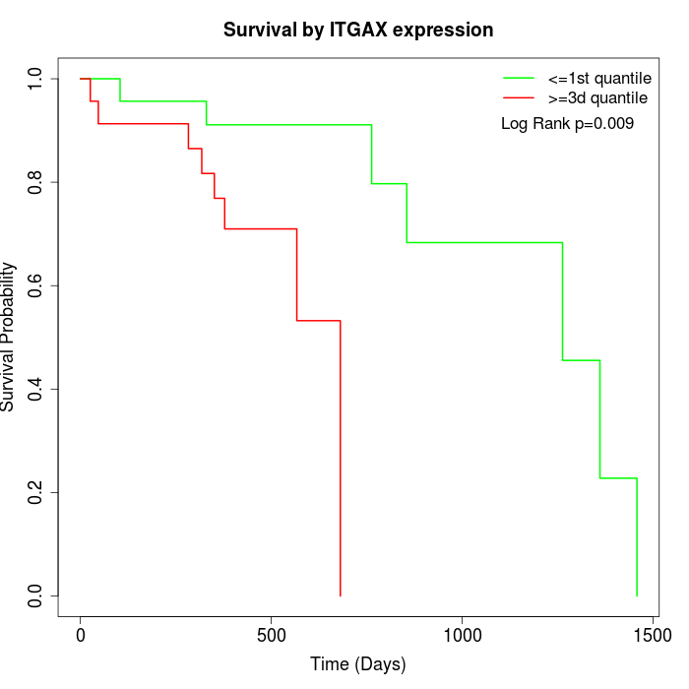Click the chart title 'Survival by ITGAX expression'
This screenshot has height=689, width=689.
click(358, 30)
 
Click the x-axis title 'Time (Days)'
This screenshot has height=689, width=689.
click(358, 664)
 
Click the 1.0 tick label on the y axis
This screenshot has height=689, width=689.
click(36, 79)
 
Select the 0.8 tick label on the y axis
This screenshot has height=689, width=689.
click(36, 182)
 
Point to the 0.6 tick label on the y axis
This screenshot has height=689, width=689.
click(36, 285)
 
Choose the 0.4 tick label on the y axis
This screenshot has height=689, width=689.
click(36, 389)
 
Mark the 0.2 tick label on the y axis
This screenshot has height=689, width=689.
click(36, 492)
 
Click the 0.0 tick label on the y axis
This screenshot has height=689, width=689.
click(36, 595)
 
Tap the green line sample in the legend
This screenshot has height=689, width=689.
click(519, 78)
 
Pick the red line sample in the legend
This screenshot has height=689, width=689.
click(519, 98)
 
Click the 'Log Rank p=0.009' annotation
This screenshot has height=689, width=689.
click(567, 124)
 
